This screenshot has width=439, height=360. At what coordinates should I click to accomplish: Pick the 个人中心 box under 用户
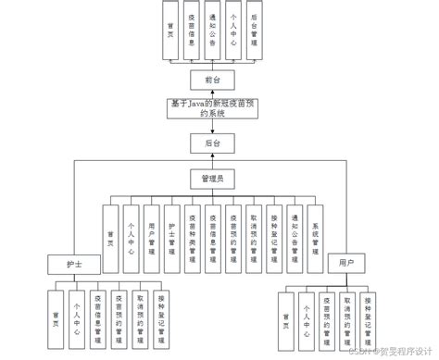pyautogui.click(x=304, y=316)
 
